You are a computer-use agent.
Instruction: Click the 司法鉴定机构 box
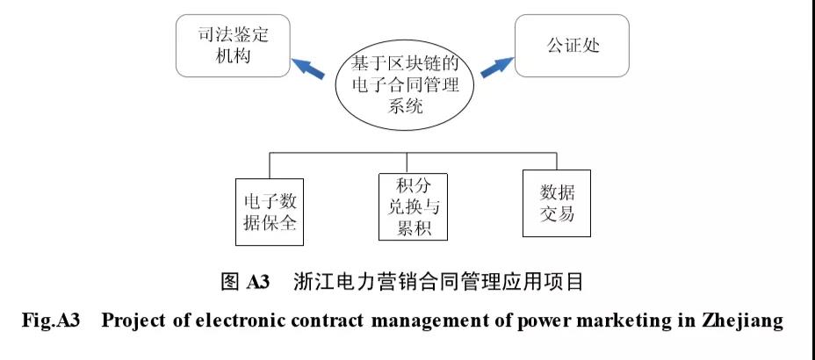pyautogui.click(x=233, y=47)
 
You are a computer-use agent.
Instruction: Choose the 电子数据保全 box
pyautogui.click(x=268, y=212)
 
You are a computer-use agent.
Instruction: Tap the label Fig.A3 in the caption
pyautogui.click(x=51, y=320)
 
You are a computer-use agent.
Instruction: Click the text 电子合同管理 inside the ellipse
pyautogui.click(x=405, y=86)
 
